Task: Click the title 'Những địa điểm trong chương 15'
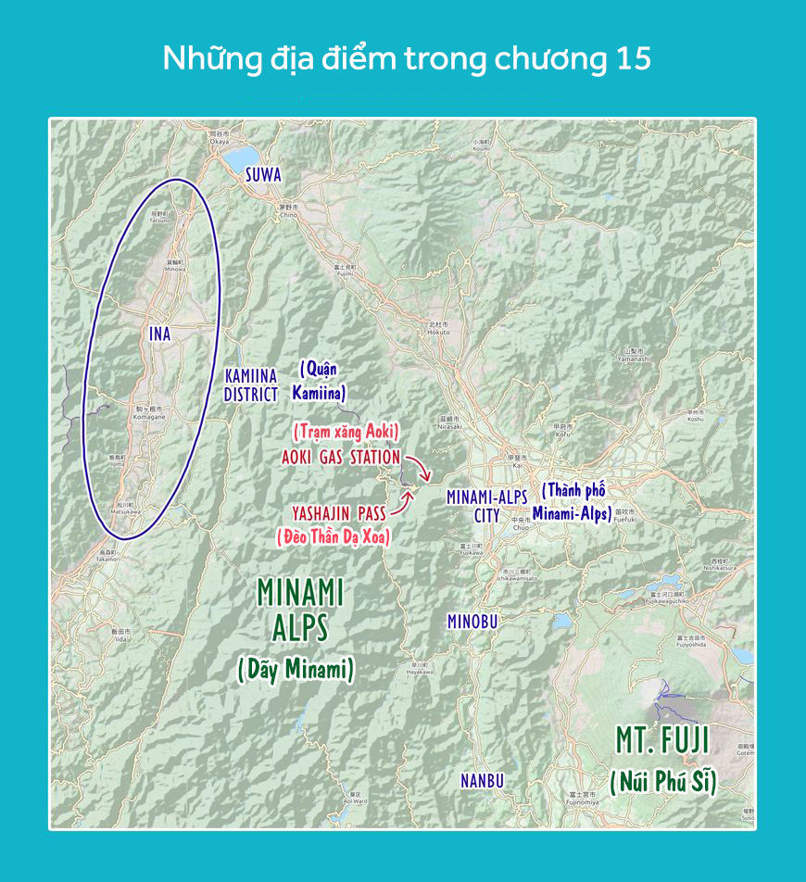(407, 58)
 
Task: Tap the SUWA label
(263, 174)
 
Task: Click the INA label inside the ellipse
(160, 334)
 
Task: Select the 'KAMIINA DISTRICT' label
(251, 385)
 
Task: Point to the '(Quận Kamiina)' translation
(321, 381)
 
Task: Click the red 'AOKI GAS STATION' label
(341, 458)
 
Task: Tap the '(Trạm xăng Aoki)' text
(346, 432)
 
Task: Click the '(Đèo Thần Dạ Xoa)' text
(334, 535)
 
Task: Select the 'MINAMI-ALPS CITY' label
(486, 506)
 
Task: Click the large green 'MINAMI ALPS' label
(300, 609)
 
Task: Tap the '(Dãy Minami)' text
(296, 669)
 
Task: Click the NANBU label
(483, 781)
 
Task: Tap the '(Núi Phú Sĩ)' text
(664, 782)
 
